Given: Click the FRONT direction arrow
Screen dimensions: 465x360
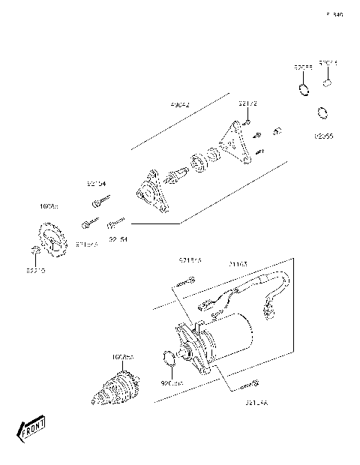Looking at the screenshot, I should (32, 431).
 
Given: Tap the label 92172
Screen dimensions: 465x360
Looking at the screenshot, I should (248, 103).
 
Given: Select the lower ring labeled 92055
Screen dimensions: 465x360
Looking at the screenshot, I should (321, 114).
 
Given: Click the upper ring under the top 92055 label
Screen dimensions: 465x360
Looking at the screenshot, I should (304, 91).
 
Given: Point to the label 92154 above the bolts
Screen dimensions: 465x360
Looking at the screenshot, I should (96, 183).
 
